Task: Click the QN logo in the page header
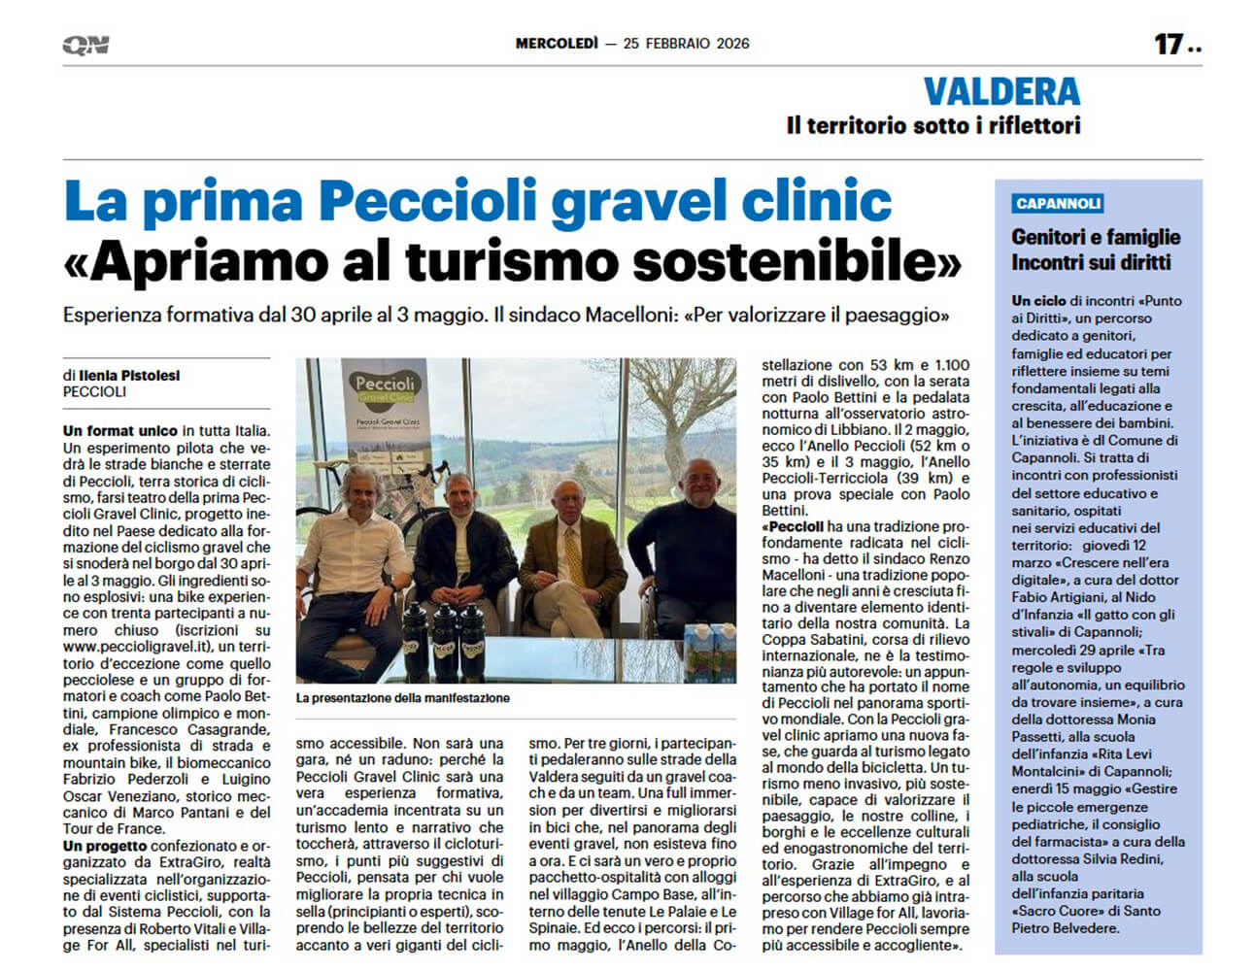[x=85, y=45]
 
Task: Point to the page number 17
[x=1168, y=45]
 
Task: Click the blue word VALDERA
[x=1001, y=92]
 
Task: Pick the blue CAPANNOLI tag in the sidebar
[x=1058, y=204]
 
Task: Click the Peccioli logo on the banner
[x=385, y=388]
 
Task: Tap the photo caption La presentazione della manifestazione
[x=403, y=698]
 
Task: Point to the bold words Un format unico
[x=120, y=431]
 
